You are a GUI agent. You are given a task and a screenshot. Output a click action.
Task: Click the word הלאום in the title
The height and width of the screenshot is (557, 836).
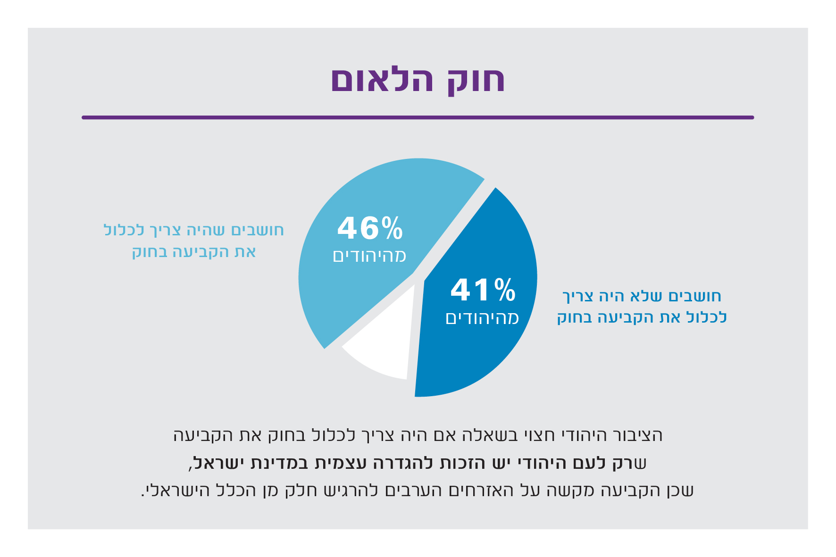382,80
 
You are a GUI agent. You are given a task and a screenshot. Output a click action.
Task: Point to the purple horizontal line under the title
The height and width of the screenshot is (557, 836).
418,117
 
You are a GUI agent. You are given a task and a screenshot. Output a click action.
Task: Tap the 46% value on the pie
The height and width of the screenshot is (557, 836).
370,228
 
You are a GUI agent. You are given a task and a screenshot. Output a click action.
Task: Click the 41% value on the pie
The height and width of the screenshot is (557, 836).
483,290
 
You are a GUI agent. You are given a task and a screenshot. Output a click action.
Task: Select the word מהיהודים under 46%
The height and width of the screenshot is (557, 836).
369,256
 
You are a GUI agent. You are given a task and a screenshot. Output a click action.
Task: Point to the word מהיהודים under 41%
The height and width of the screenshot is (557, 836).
482,318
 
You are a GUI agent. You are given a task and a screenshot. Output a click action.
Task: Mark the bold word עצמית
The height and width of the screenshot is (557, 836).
335,463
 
